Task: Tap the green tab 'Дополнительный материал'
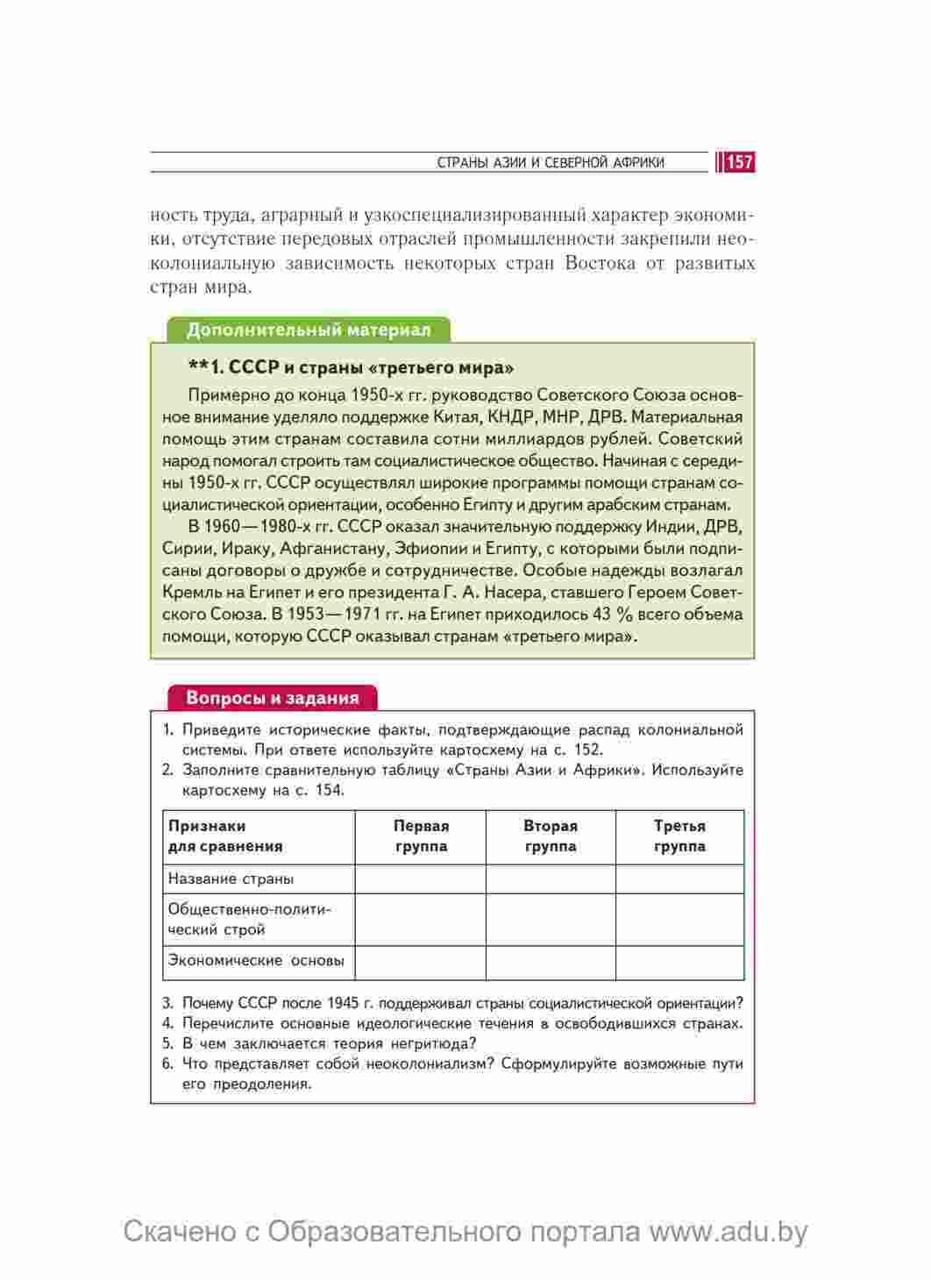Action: pos(309,331)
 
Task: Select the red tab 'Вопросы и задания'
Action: pos(273,698)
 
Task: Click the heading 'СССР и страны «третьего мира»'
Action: pos(351,367)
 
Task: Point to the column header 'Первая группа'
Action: pos(421,836)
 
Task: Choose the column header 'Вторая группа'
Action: pos(551,836)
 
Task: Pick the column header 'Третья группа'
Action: pos(679,836)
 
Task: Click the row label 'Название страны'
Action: pos(231,878)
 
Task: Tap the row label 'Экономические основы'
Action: pos(256,960)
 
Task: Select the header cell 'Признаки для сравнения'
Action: pos(225,836)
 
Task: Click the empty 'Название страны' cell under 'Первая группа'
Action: pos(421,878)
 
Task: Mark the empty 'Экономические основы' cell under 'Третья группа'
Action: pos(679,962)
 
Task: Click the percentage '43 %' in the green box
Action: pos(613,614)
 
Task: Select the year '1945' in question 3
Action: pos(343,1003)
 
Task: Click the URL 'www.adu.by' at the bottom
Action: pos(728,1232)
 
